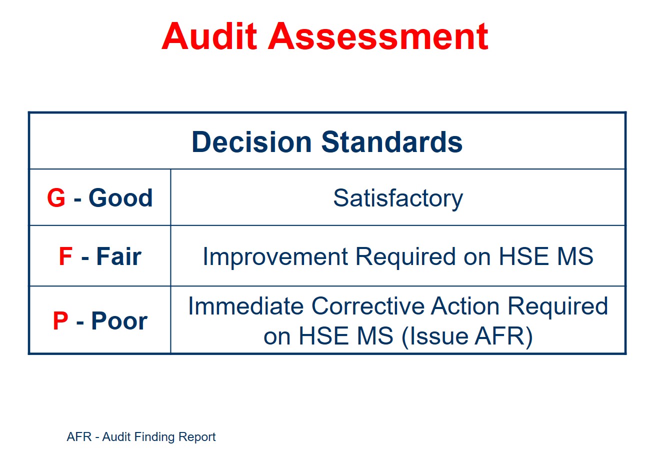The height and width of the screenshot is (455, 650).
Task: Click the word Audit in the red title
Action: point(209,36)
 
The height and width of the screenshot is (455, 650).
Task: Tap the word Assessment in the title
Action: point(378,36)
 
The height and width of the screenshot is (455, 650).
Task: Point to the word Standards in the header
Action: point(391,142)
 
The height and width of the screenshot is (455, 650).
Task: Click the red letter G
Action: point(56,198)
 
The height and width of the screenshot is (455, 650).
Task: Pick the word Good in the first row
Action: point(120,198)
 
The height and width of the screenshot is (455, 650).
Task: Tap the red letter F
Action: point(65,256)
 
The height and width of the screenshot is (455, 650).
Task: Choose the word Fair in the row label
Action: point(119,256)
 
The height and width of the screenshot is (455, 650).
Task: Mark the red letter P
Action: point(60,320)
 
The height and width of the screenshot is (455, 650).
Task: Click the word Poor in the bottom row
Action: point(119,320)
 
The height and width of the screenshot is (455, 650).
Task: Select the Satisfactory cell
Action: point(398,198)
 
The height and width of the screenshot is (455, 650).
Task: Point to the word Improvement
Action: point(275,256)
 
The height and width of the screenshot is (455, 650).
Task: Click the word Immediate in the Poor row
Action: point(246,306)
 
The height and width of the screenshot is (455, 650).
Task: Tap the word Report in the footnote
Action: point(197,437)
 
